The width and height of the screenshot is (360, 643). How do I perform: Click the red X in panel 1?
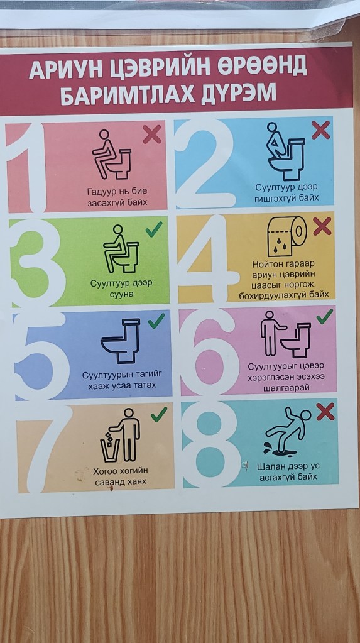[152, 134]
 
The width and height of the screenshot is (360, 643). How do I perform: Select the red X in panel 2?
[320, 130]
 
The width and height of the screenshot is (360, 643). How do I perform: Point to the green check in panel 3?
[154, 229]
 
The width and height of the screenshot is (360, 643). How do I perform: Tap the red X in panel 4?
[322, 226]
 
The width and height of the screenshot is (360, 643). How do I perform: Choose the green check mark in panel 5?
[156, 321]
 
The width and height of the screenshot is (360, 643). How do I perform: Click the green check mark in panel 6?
[325, 316]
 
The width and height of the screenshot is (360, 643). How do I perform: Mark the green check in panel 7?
[159, 414]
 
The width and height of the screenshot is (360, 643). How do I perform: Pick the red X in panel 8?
[325, 411]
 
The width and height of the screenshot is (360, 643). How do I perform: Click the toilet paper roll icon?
[286, 236]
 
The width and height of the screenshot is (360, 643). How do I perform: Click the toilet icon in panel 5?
[121, 341]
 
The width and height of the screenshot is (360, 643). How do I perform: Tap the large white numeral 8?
[210, 444]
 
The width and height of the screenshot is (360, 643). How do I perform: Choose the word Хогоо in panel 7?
[106, 471]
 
